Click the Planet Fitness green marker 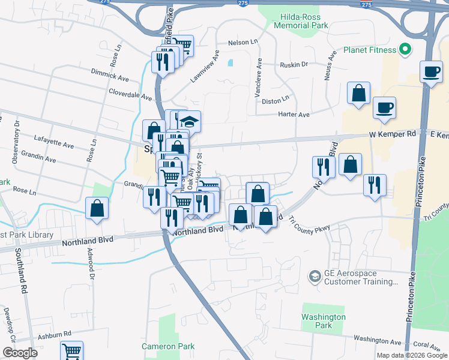coord(405,50)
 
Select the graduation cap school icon coord(188,121)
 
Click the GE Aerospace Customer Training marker coord(315,277)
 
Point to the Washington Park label coord(324,321)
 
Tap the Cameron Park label coord(168,346)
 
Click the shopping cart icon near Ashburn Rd coord(71,351)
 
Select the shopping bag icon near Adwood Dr coord(97,208)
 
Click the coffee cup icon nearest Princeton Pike coord(431,71)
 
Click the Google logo coord(20,353)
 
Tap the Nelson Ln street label coord(242,43)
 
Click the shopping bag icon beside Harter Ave coord(358,94)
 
